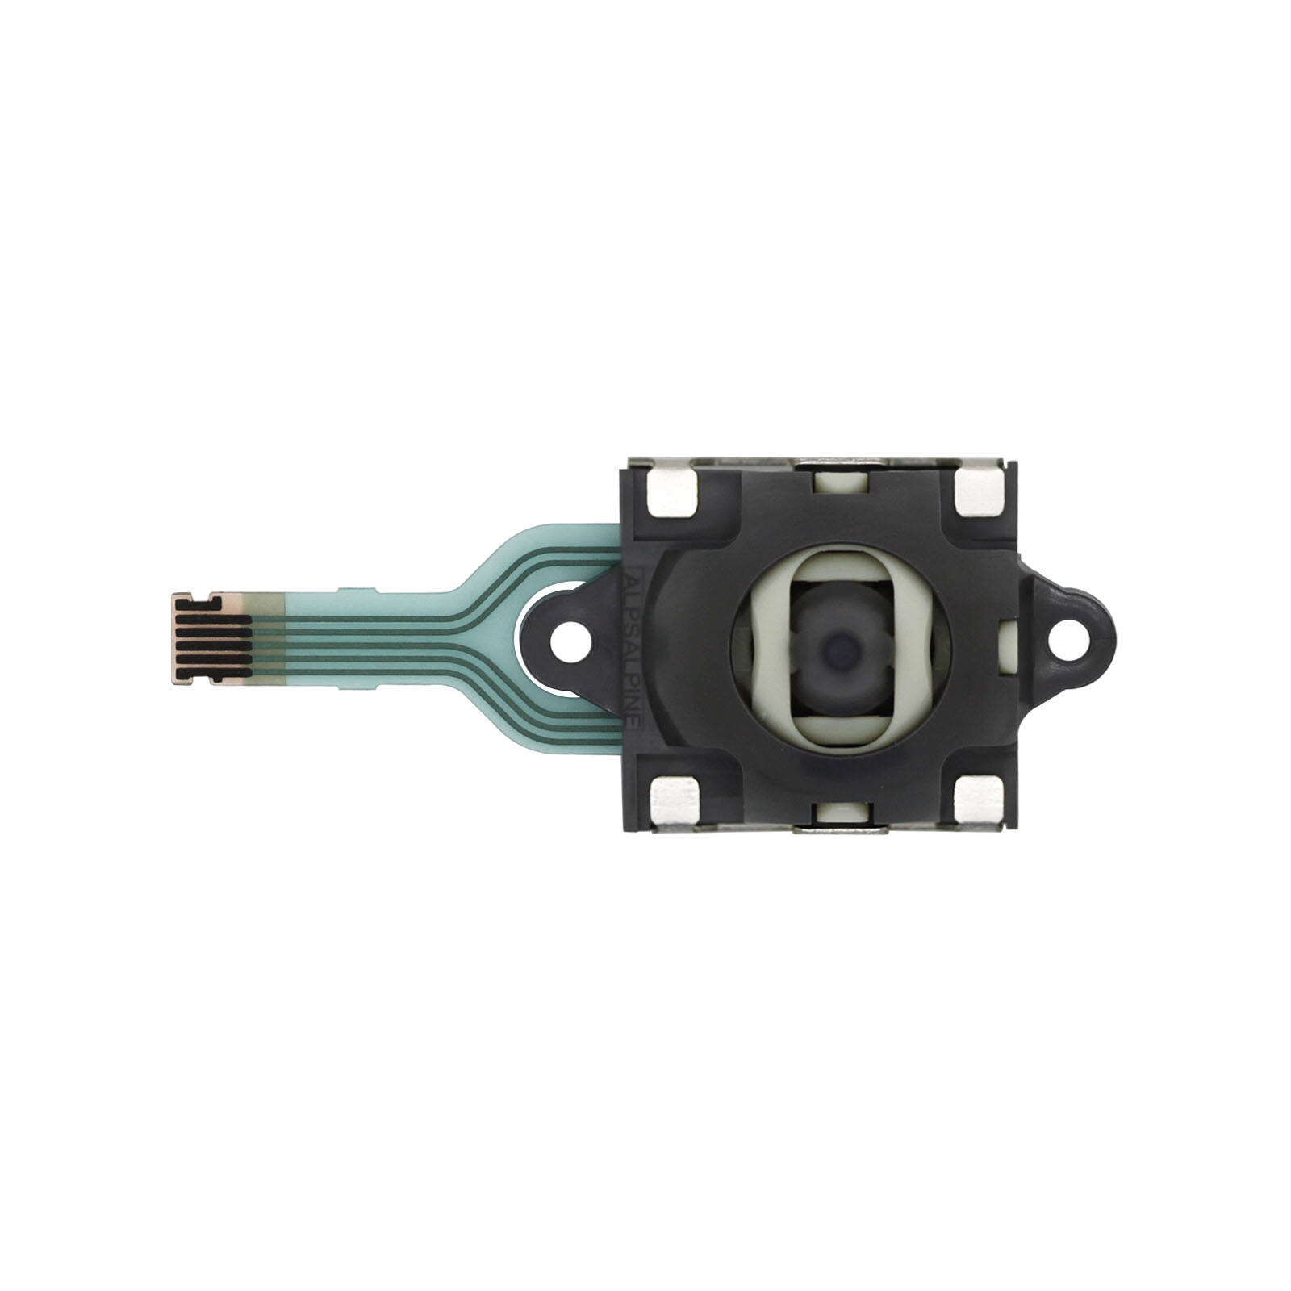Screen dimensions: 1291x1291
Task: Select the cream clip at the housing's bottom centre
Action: (x=840, y=813)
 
